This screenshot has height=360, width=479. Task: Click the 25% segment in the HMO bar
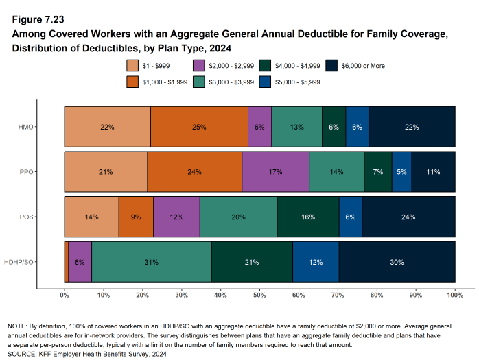coord(199,127)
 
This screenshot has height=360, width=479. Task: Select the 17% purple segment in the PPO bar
coord(275,171)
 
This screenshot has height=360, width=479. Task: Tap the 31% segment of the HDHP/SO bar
coord(151,261)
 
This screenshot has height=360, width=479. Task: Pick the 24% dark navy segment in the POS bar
coord(408,217)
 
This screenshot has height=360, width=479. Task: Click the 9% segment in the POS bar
coord(136,217)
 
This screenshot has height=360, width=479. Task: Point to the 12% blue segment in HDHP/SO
coord(316,261)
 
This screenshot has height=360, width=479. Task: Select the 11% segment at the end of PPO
coord(433,171)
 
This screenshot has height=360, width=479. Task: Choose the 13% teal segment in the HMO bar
coord(296,127)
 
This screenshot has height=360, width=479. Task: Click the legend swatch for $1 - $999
coord(133,66)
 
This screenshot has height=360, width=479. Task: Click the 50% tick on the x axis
coord(259,295)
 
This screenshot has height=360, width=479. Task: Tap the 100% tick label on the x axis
coord(455,295)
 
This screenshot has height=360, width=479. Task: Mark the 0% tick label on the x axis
coord(65,295)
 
